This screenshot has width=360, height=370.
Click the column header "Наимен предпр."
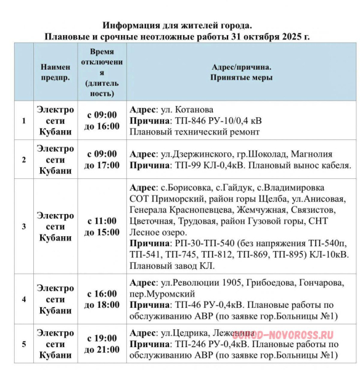(x=55, y=73)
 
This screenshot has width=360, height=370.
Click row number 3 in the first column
(x=24, y=226)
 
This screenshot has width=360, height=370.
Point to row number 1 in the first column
(x=24, y=120)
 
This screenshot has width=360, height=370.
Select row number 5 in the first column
(x=24, y=344)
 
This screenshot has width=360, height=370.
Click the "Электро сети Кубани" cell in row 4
(x=55, y=300)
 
